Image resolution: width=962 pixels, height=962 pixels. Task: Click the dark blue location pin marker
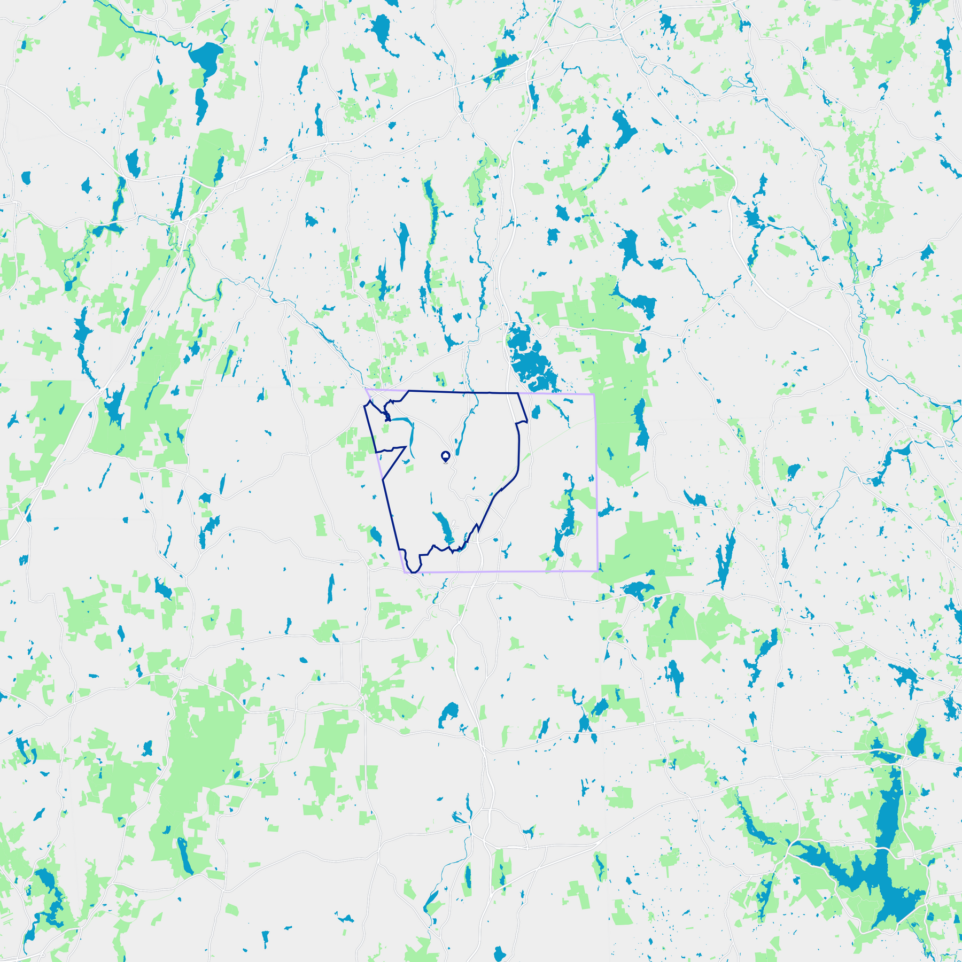click(445, 456)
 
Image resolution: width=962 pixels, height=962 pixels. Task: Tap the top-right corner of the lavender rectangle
click(594, 394)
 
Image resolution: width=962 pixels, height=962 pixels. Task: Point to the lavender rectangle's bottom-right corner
click(597, 571)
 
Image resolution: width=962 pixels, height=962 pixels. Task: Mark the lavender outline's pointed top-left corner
click(366, 389)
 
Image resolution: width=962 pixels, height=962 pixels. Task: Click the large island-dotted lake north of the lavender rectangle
click(529, 355)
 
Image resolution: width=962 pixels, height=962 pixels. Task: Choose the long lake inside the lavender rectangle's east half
click(565, 518)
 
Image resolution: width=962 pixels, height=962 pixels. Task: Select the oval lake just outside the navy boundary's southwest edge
click(376, 534)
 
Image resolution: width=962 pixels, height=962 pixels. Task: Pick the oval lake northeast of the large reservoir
click(917, 743)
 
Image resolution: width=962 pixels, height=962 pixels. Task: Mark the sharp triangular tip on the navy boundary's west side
click(405, 447)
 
